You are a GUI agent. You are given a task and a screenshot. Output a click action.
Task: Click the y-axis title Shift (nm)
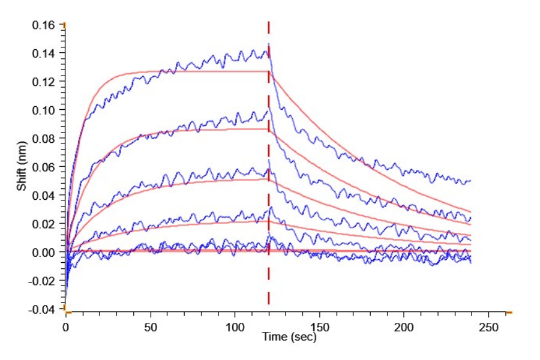coord(22,167)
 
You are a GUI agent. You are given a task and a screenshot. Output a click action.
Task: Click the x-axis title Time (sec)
coord(289,337)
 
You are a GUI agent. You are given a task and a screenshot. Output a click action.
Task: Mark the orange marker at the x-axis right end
coord(509,313)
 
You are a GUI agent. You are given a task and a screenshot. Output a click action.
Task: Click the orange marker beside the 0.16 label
coord(64,25)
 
